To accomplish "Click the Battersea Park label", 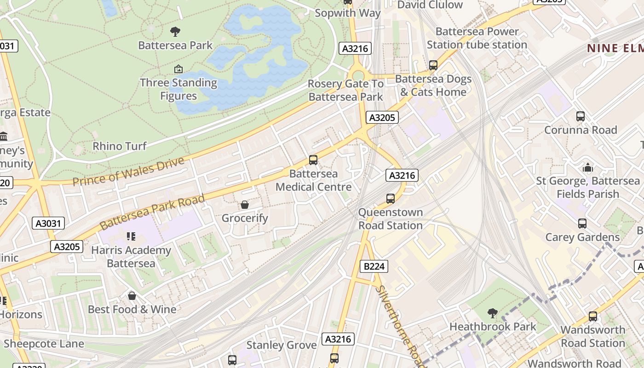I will (x=175, y=45).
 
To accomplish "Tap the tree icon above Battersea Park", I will (x=175, y=32).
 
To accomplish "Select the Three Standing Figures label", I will (x=178, y=89).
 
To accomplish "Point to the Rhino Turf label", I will (x=120, y=146).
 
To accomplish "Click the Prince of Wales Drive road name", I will (x=128, y=172).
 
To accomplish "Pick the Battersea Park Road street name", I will (x=152, y=213).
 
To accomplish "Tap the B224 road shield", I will (x=374, y=266).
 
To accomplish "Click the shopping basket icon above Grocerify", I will (x=245, y=205).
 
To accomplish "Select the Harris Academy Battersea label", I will (x=131, y=257).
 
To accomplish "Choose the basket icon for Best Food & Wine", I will (x=132, y=296).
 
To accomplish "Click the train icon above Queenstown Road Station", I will (x=391, y=199).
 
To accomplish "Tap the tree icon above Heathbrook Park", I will (x=493, y=313).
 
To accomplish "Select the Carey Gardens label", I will (x=582, y=237).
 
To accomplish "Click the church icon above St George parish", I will (x=588, y=168).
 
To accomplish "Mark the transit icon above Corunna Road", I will (x=581, y=116).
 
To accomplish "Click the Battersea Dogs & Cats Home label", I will (x=433, y=86).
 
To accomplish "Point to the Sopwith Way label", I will (x=348, y=13).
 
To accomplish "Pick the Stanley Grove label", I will (x=282, y=345).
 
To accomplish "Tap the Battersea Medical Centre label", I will (x=314, y=180).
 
